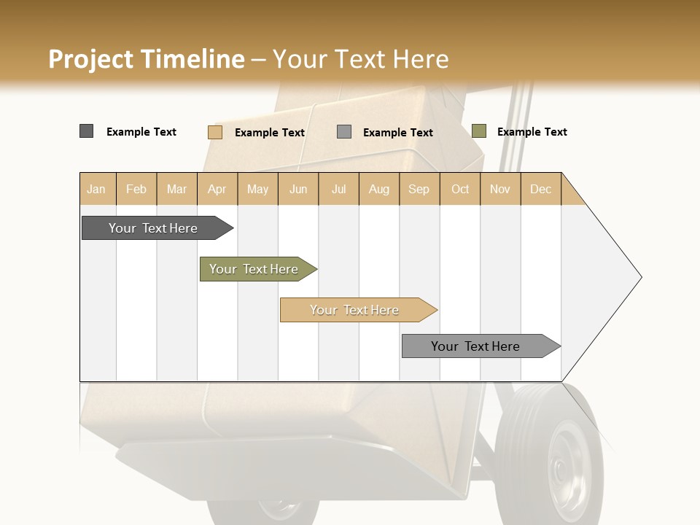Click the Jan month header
pyautogui.click(x=96, y=189)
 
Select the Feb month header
pyautogui.click(x=136, y=189)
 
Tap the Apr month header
pyautogui.click(x=217, y=189)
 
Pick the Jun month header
pyautogui.click(x=298, y=189)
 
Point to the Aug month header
pyautogui.click(x=378, y=189)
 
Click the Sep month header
pyautogui.click(x=419, y=189)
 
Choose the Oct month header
pyautogui.click(x=460, y=189)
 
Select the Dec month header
pyautogui.click(x=540, y=189)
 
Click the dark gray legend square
pyautogui.click(x=86, y=131)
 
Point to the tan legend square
pyautogui.click(x=214, y=132)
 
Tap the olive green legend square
pyautogui.click(x=478, y=131)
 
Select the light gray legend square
pyautogui.click(x=344, y=132)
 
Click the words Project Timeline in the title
pyautogui.click(x=147, y=59)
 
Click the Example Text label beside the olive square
pyautogui.click(x=532, y=132)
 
